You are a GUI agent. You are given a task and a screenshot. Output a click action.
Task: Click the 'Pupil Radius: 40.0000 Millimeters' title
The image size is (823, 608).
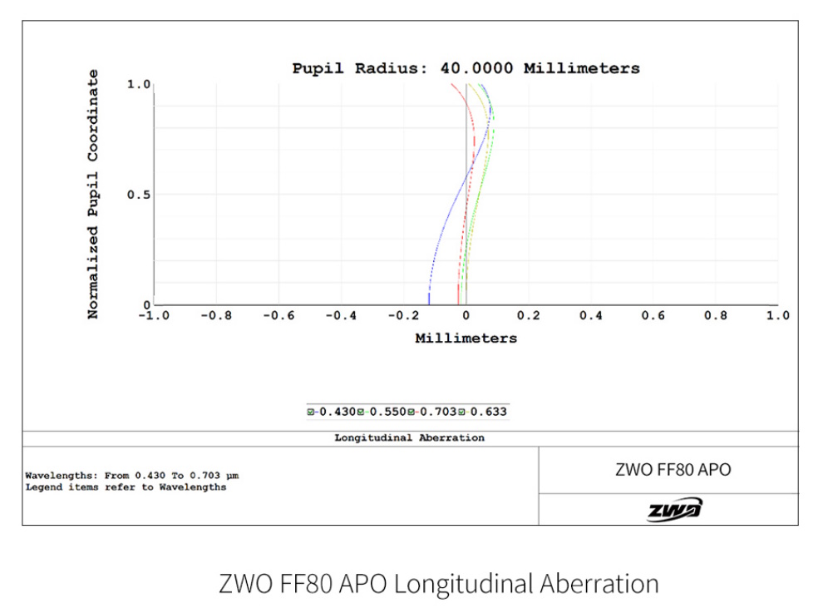[466, 68]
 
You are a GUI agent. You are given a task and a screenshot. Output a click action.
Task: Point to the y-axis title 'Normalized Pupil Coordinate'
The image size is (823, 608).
[93, 194]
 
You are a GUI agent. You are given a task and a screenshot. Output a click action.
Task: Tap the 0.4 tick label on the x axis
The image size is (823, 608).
[591, 316]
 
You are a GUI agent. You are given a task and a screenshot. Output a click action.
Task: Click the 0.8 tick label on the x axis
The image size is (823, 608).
[716, 316]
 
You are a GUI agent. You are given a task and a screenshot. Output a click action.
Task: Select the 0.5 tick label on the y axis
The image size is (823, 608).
[138, 195]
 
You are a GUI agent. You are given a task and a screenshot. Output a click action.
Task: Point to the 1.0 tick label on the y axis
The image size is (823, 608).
[138, 84]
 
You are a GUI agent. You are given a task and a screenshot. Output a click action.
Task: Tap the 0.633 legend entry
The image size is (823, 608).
[485, 411]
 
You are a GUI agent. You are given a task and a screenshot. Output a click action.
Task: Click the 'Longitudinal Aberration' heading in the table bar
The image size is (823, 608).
[409, 437]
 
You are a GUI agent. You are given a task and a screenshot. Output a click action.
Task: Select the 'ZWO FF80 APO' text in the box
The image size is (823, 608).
[673, 469]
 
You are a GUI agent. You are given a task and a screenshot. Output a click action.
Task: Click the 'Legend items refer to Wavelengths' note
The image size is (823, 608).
[126, 487]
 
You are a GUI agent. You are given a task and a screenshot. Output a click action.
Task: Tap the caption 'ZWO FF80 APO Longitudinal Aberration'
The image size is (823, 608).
[438, 583]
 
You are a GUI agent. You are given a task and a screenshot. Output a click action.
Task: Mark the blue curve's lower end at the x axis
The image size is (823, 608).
[429, 303]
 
